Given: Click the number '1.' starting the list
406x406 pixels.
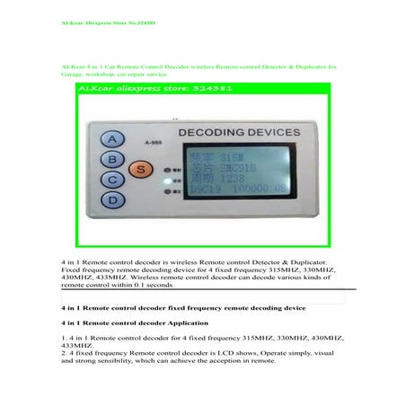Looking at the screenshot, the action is pyautogui.click(x=62, y=337).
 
